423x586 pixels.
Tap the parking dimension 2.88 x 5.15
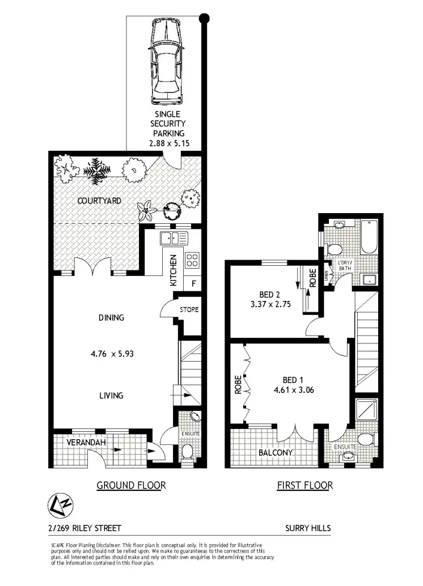(x=167, y=143)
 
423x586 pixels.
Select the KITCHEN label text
(x=174, y=270)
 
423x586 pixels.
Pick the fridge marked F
(x=194, y=284)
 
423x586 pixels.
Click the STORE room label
(x=189, y=310)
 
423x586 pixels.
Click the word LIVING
(x=111, y=396)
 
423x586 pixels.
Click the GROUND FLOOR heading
(x=131, y=485)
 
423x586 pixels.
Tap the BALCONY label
(x=275, y=453)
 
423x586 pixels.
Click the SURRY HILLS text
(x=308, y=528)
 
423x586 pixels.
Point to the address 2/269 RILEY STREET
(x=85, y=528)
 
